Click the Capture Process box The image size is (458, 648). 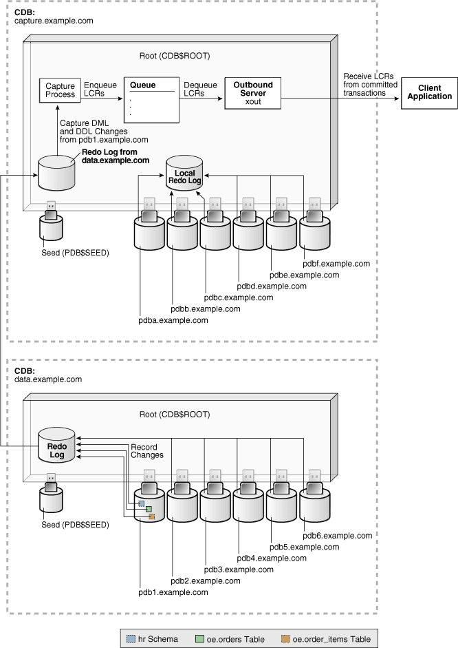[x=61, y=90]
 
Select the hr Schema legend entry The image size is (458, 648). [x=154, y=638]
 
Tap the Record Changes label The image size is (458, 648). [x=147, y=451]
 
